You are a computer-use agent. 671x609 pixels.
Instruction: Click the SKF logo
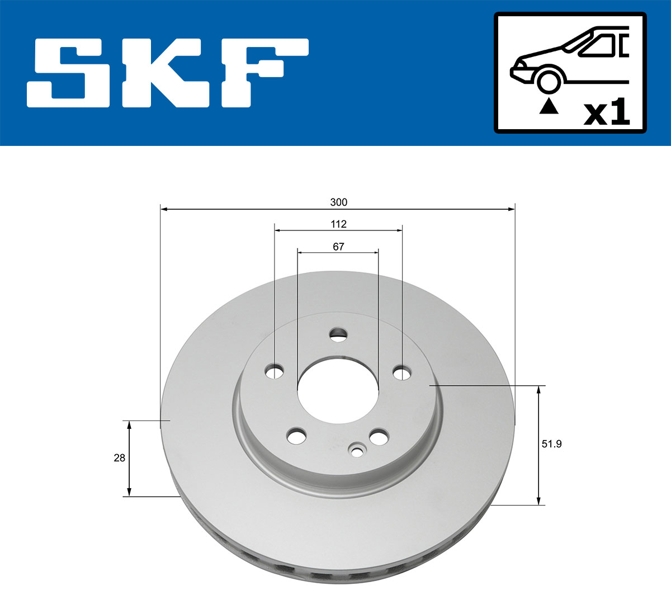tap(168, 73)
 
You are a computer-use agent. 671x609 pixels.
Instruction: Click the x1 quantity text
tap(607, 113)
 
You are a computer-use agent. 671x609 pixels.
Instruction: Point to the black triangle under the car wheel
tap(549, 106)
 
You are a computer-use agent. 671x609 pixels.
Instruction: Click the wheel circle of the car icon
tap(549, 81)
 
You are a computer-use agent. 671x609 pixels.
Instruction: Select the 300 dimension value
tap(338, 202)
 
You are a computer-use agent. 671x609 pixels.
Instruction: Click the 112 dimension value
tap(338, 224)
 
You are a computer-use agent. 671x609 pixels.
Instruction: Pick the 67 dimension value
tap(338, 247)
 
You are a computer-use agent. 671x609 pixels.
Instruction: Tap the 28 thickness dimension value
tap(119, 458)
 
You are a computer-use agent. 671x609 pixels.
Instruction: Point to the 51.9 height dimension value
tap(551, 444)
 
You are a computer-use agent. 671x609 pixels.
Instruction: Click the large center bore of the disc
tap(338, 389)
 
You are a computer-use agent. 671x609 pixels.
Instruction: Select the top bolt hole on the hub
tap(338, 336)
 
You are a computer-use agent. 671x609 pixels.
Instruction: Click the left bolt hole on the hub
tap(275, 371)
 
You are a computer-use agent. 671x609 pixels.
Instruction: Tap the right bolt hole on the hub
tap(401, 372)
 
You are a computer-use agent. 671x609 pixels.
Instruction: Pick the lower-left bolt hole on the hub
tap(296, 436)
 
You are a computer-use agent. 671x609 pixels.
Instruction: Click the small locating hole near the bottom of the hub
tap(357, 450)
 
